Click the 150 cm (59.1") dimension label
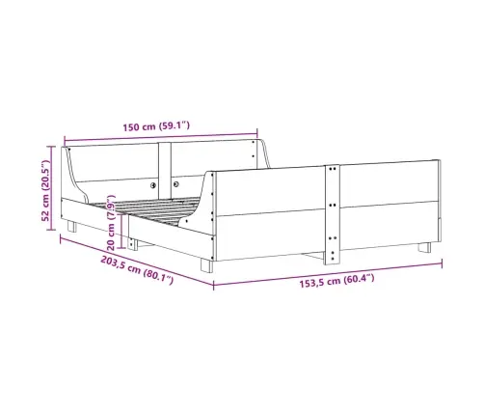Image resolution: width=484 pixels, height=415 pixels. pos(156,126)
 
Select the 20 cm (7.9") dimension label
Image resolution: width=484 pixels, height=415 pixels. pos(111,223)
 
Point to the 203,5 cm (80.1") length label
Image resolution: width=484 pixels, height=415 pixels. pos(137,270)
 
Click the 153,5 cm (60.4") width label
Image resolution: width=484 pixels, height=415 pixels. pos(336,280)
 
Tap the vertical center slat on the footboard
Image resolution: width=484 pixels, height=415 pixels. pos(333,214)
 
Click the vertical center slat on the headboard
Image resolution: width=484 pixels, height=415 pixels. pos(165,171)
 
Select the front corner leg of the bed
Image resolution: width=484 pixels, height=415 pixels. pos(206,265)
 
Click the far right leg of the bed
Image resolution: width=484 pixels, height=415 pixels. pos(424,247)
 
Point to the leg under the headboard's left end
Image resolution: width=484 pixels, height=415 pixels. pos(72,226)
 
